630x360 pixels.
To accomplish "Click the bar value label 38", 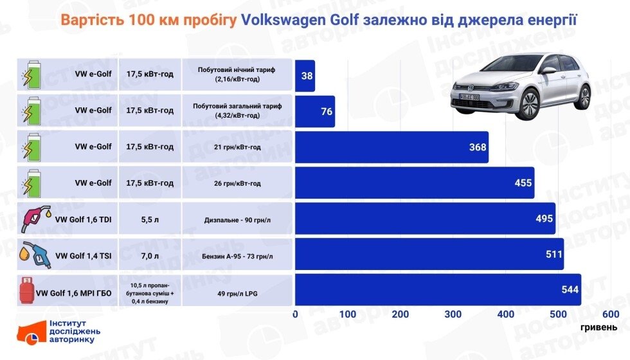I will [307, 76].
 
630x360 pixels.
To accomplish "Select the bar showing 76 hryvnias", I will [315, 112].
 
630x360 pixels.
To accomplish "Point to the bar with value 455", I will [415, 183].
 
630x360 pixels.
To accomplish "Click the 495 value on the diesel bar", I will [544, 219].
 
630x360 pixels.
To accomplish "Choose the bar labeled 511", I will [429, 254].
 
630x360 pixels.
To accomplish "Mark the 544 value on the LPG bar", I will [570, 290].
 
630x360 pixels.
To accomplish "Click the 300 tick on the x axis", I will [453, 314].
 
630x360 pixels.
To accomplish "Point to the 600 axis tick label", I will [611, 314].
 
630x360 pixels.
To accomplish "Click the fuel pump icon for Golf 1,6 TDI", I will [36, 219].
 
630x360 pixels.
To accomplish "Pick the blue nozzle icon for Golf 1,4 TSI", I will [36, 254].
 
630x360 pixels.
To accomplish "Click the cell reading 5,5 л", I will [150, 219].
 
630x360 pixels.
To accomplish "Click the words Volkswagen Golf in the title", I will [300, 20].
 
